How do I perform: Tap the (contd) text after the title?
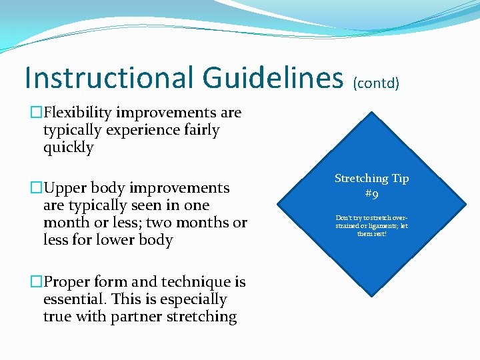376,83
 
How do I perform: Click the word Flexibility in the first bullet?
87,113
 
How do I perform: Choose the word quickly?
69,147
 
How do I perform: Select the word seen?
153,205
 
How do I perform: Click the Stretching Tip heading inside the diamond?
371,179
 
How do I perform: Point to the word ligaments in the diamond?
379,225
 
